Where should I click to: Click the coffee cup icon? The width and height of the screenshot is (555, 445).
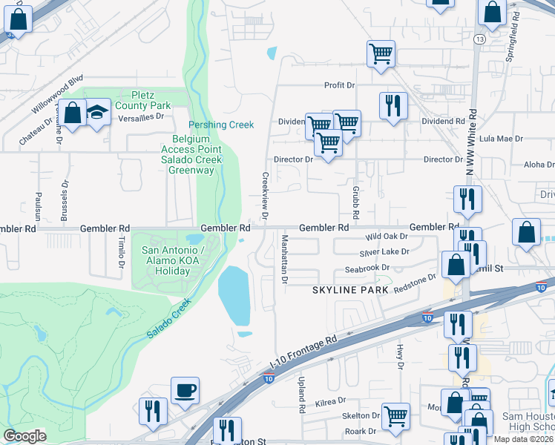tap(185, 389)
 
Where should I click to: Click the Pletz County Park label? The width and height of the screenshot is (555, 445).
tap(152, 101)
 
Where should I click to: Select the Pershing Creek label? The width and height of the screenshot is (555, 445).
tap(221, 125)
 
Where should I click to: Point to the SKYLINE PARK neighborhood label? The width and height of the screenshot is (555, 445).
tap(351, 290)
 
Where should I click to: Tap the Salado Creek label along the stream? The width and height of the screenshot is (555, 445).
tap(168, 319)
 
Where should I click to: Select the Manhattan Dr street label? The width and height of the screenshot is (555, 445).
tap(284, 259)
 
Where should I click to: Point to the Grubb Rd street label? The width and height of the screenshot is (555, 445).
tap(355, 202)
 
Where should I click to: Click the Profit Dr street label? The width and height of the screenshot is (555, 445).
tap(340, 85)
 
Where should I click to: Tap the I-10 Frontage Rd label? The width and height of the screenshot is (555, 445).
tap(304, 351)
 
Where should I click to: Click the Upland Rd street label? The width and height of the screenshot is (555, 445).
tap(302, 395)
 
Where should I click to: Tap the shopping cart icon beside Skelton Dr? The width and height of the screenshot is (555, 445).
tap(395, 416)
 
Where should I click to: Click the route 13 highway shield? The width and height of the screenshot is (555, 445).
tap(481, 39)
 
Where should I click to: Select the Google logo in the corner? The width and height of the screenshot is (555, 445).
tap(24, 436)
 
